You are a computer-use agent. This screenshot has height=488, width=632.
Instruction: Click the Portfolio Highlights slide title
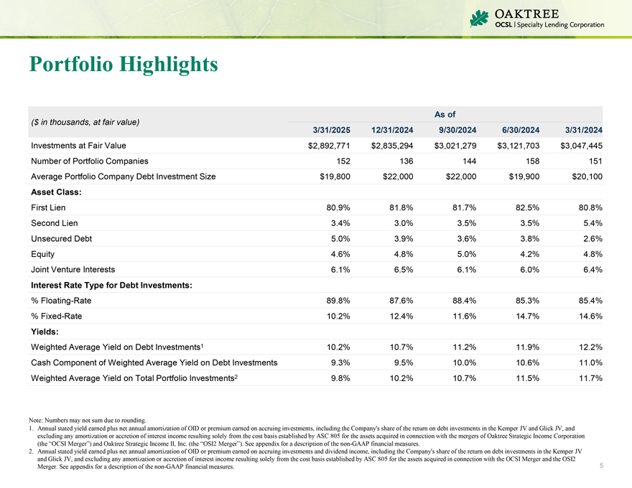coord(124,64)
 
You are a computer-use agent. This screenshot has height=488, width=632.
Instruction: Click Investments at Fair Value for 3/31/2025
coord(329,146)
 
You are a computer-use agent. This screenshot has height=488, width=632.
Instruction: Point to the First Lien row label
coord(49,207)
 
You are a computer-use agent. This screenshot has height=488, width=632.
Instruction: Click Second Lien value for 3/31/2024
coord(588,223)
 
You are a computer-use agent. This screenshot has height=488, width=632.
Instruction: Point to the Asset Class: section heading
coord(56,192)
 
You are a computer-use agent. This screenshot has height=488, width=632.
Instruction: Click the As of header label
coord(445,114)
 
